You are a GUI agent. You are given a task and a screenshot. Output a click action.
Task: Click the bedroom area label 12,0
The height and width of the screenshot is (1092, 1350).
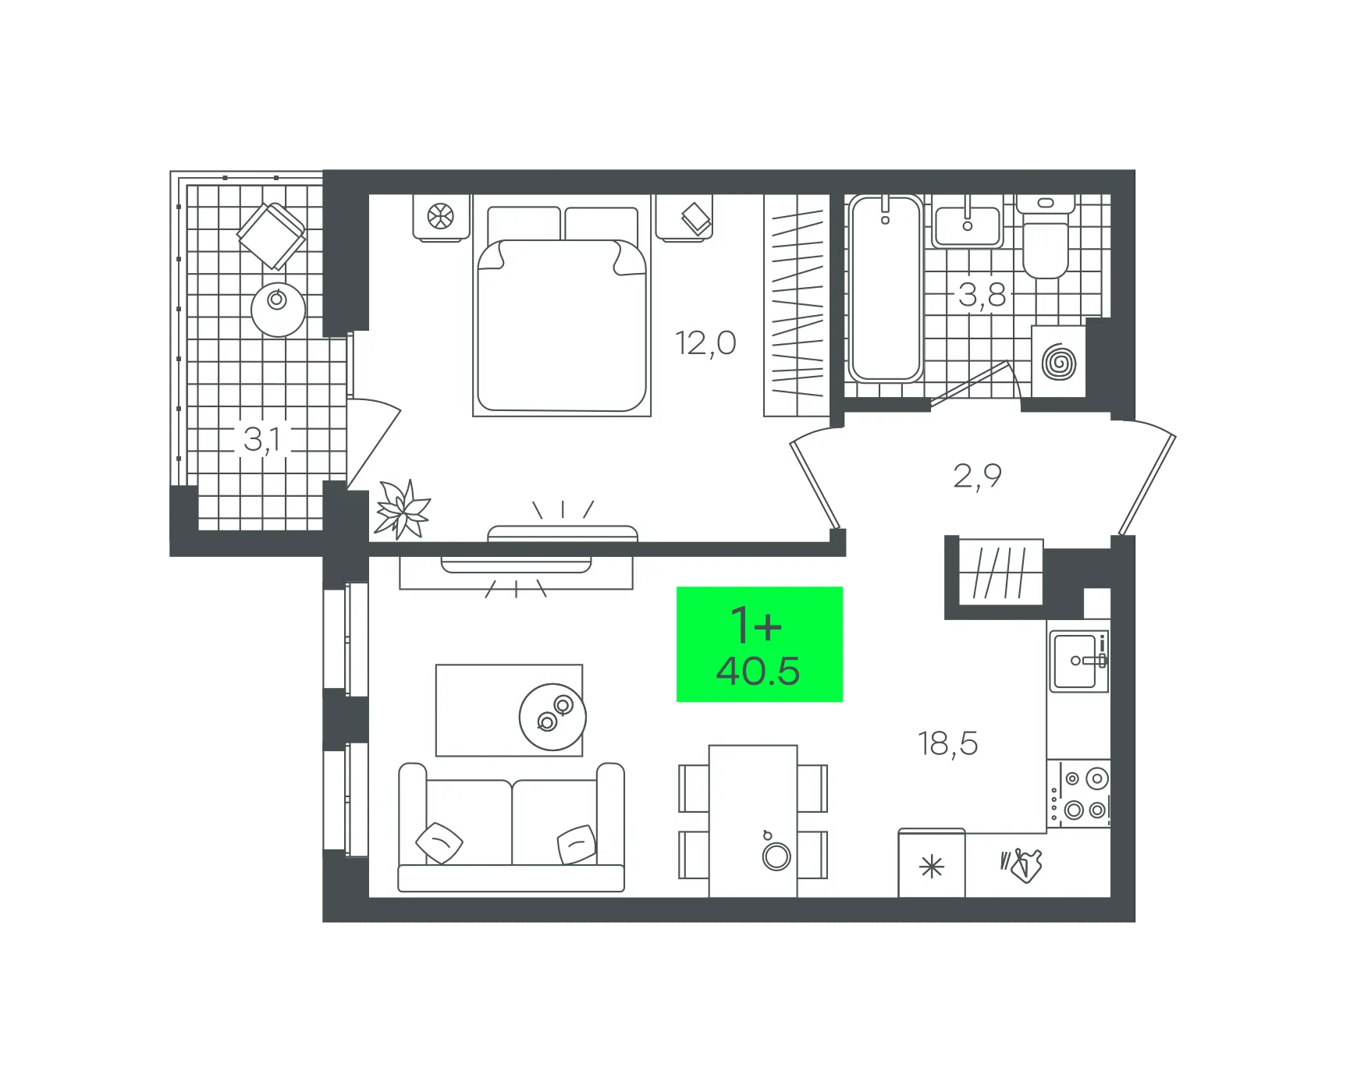click(x=705, y=344)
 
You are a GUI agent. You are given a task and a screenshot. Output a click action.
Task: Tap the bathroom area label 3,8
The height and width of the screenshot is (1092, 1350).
click(x=982, y=296)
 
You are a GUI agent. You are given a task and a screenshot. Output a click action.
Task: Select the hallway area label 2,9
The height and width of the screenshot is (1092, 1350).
click(x=977, y=476)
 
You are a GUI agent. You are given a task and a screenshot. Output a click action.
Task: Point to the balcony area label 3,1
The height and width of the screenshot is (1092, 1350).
click(x=262, y=440)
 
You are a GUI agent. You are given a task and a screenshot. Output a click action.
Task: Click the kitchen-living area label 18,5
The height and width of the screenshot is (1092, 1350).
click(x=947, y=744)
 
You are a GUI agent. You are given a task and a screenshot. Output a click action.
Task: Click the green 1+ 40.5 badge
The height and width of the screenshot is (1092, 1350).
click(x=759, y=644)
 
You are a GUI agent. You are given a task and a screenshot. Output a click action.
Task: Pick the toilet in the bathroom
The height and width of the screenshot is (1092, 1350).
click(x=1046, y=236)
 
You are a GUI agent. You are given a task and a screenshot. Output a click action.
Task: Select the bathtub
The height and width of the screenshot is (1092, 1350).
click(x=885, y=289)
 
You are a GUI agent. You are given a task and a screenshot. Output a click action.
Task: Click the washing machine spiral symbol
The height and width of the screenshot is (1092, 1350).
click(x=1059, y=363)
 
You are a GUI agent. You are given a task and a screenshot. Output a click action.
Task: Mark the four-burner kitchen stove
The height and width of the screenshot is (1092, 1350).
click(x=1078, y=794)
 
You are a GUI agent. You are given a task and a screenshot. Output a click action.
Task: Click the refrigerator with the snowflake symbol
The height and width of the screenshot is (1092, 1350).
click(x=932, y=863)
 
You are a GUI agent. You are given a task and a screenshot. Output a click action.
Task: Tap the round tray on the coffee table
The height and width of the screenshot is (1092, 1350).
click(x=552, y=717)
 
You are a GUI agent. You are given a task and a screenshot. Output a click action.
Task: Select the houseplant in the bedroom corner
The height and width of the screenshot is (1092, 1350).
click(x=403, y=510)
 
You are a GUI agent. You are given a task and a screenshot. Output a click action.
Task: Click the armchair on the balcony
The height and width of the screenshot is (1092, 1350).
click(x=271, y=236)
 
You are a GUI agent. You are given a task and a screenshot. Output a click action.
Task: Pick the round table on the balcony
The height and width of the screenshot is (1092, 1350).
click(x=278, y=310)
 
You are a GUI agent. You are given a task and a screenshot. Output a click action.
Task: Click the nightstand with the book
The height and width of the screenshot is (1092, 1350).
click(x=684, y=218)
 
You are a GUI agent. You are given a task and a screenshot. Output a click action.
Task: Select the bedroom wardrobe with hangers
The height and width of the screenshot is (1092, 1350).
click(x=797, y=305)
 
